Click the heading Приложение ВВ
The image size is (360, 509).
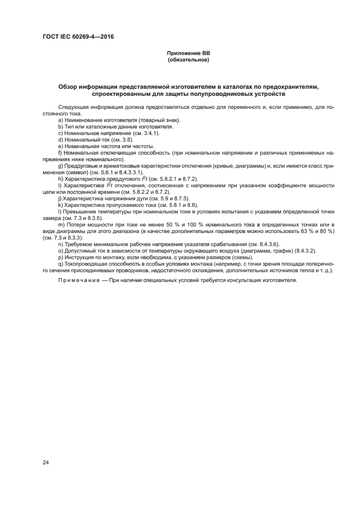(188, 53)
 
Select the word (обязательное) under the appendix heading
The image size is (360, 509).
(188, 59)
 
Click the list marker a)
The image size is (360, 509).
(60, 120)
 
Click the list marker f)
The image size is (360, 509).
(59, 152)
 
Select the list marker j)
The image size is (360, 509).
(59, 199)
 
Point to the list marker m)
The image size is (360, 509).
(61, 225)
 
